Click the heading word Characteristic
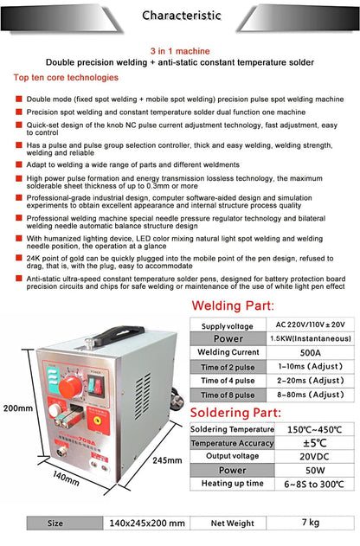(x=179, y=15)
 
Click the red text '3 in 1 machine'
(x=180, y=52)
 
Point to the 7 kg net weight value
(x=298, y=524)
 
